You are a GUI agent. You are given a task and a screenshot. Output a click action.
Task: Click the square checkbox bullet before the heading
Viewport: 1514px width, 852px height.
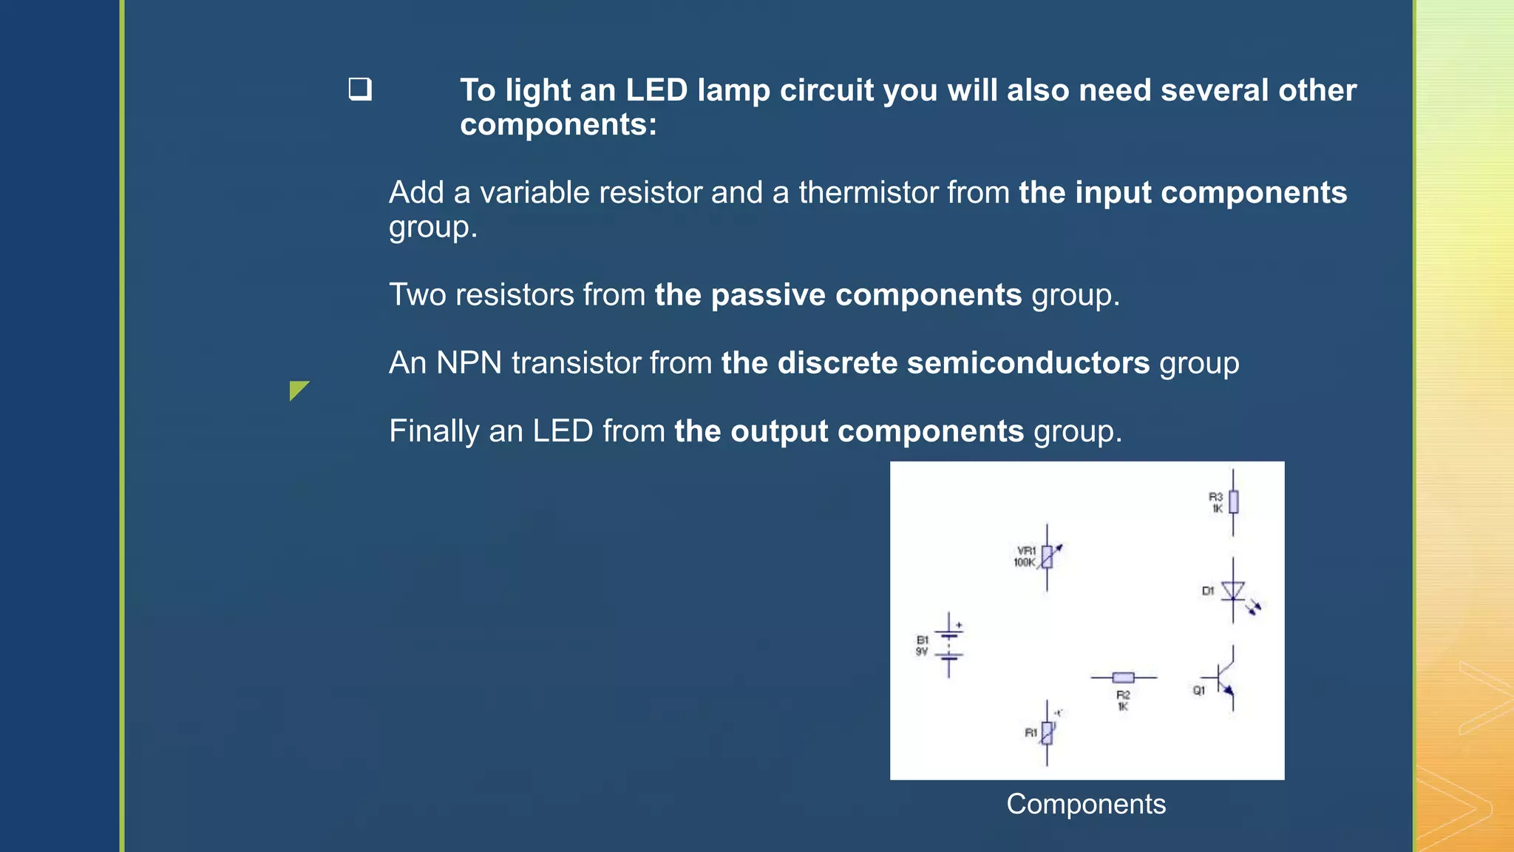click(x=360, y=89)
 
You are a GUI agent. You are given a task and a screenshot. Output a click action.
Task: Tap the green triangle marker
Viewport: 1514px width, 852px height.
click(x=297, y=389)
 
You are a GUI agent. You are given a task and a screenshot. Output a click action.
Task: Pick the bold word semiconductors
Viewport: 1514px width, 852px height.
click(x=1028, y=363)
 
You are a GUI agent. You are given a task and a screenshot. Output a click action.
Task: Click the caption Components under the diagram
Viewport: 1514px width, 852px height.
click(x=1085, y=804)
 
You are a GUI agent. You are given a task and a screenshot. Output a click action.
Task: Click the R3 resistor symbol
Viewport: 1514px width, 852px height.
click(x=1232, y=502)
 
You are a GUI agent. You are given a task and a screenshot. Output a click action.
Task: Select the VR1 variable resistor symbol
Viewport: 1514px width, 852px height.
click(x=1047, y=557)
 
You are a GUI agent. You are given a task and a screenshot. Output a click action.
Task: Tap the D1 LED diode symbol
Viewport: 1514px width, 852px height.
click(x=1233, y=591)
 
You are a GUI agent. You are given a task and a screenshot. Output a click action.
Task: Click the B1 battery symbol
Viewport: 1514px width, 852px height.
click(x=949, y=645)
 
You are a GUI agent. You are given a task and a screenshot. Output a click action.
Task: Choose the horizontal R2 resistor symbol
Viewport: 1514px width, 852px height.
click(x=1123, y=677)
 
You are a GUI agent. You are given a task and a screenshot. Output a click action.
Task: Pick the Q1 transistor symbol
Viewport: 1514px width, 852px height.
click(x=1225, y=678)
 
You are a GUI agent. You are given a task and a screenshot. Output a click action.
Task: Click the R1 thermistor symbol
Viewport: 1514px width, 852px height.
click(x=1047, y=733)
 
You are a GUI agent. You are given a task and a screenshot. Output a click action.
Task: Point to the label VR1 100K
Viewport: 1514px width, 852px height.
click(x=1025, y=557)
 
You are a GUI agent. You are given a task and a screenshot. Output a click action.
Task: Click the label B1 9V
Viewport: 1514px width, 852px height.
click(x=922, y=646)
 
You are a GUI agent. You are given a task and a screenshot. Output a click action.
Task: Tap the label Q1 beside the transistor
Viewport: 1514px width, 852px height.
click(x=1198, y=691)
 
